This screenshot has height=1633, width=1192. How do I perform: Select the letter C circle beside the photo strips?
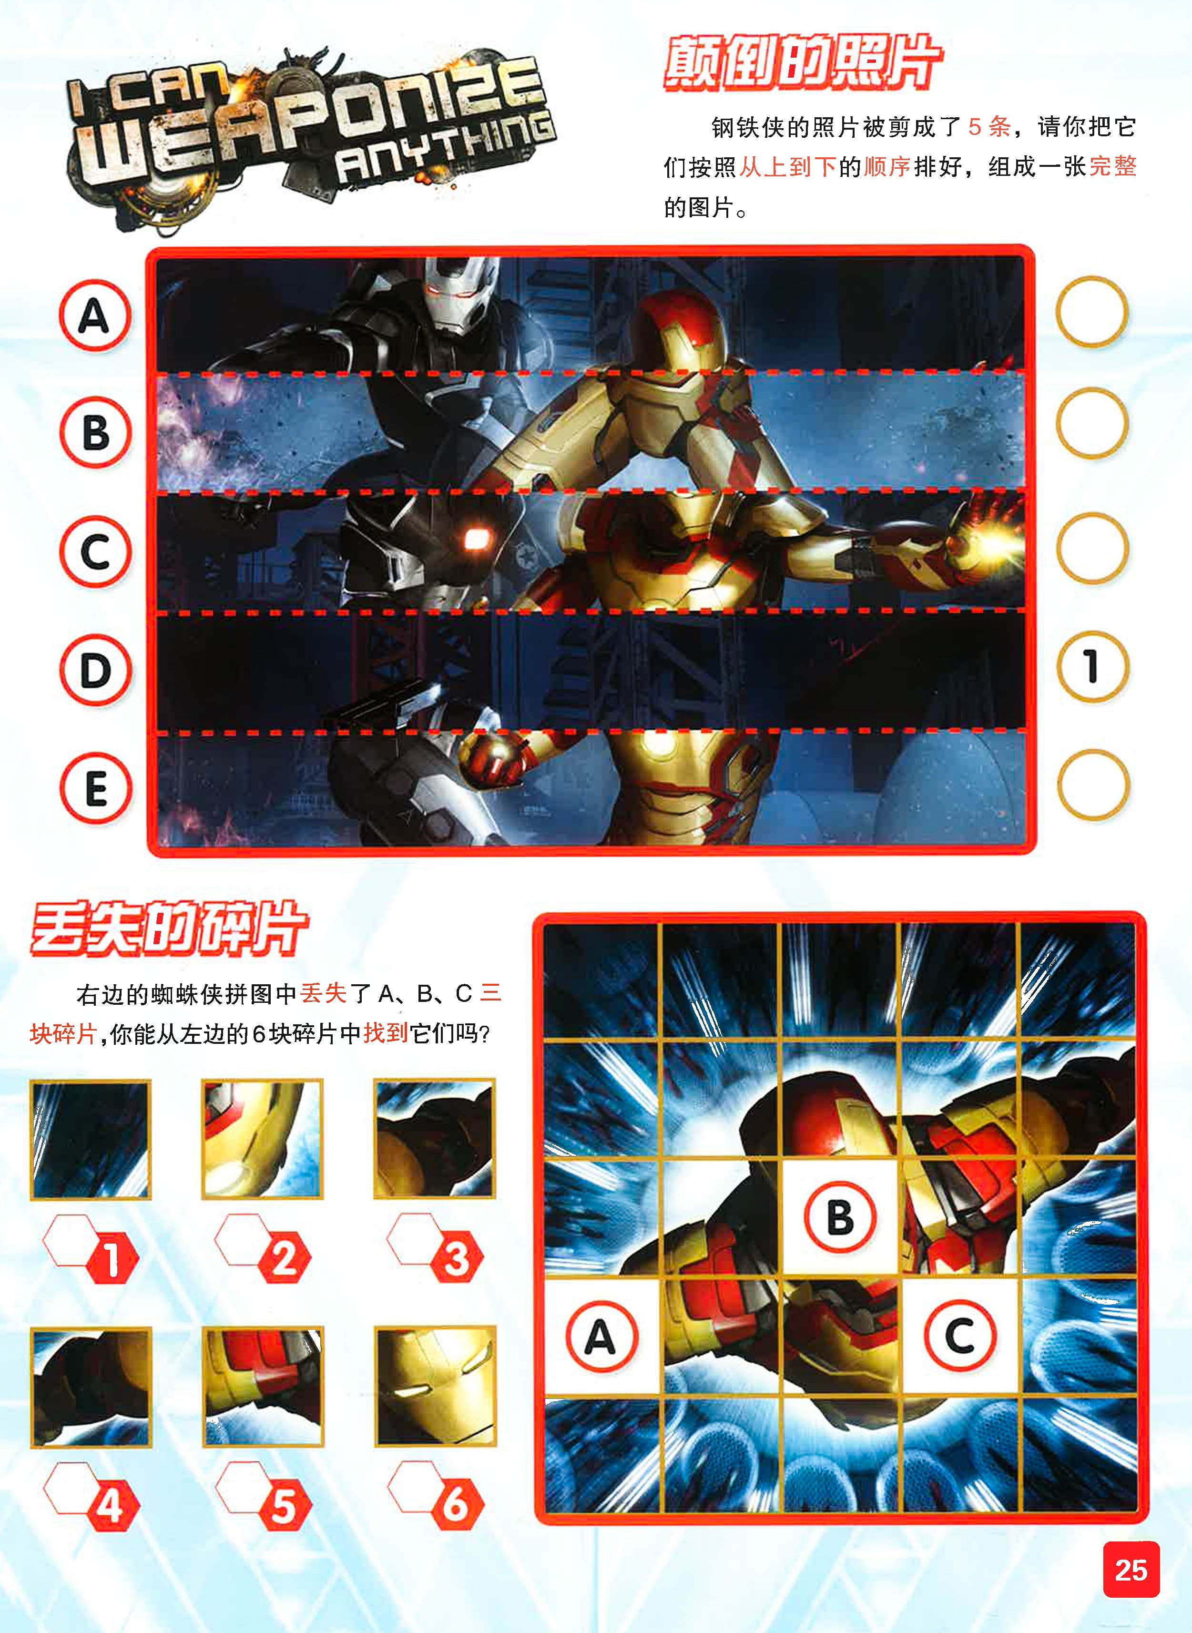click(95, 551)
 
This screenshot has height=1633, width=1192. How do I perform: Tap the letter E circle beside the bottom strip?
click(95, 787)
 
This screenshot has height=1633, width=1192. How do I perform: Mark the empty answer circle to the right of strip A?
click(1092, 313)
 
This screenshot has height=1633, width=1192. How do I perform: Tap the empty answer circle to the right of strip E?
click(1092, 785)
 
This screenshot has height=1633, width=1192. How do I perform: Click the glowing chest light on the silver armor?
click(474, 538)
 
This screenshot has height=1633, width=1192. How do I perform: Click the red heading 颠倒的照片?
click(802, 65)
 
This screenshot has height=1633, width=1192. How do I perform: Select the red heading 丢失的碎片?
click(170, 929)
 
